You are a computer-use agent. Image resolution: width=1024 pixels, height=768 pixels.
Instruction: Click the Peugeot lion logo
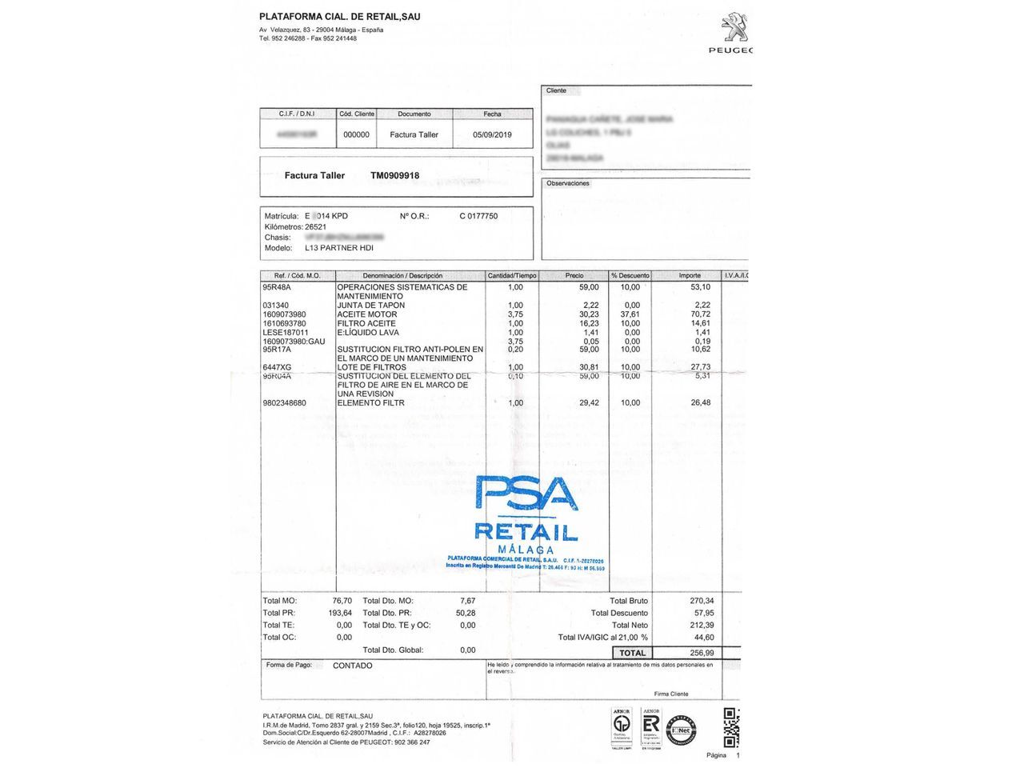[x=734, y=26]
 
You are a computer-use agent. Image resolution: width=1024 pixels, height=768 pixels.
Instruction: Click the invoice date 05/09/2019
[x=492, y=134]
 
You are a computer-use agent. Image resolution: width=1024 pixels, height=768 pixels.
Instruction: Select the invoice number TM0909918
[x=394, y=175]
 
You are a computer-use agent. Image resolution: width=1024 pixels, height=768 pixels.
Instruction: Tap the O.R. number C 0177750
[x=478, y=216]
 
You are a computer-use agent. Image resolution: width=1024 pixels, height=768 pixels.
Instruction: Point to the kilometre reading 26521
[x=315, y=226]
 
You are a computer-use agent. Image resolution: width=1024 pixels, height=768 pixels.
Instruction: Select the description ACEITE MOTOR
[x=366, y=314]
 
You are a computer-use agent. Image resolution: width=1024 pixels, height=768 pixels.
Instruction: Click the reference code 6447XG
[x=277, y=367]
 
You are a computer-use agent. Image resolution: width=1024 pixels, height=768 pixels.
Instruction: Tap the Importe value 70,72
[x=700, y=314]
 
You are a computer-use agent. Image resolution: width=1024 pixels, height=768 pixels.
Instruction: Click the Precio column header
[x=574, y=275]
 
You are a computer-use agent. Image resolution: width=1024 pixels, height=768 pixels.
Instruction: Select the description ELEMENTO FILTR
[x=370, y=403]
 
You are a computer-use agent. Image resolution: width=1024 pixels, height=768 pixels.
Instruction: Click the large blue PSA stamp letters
[x=526, y=493]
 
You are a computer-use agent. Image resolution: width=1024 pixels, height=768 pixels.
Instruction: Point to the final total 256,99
[x=702, y=653]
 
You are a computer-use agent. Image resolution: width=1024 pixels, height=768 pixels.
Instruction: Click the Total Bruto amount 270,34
[x=702, y=601]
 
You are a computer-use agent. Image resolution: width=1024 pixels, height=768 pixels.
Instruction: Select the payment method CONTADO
[x=352, y=666]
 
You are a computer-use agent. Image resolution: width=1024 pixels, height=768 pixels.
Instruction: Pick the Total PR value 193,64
[x=339, y=613]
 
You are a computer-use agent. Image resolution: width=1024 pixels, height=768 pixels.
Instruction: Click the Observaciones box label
[x=567, y=183]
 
